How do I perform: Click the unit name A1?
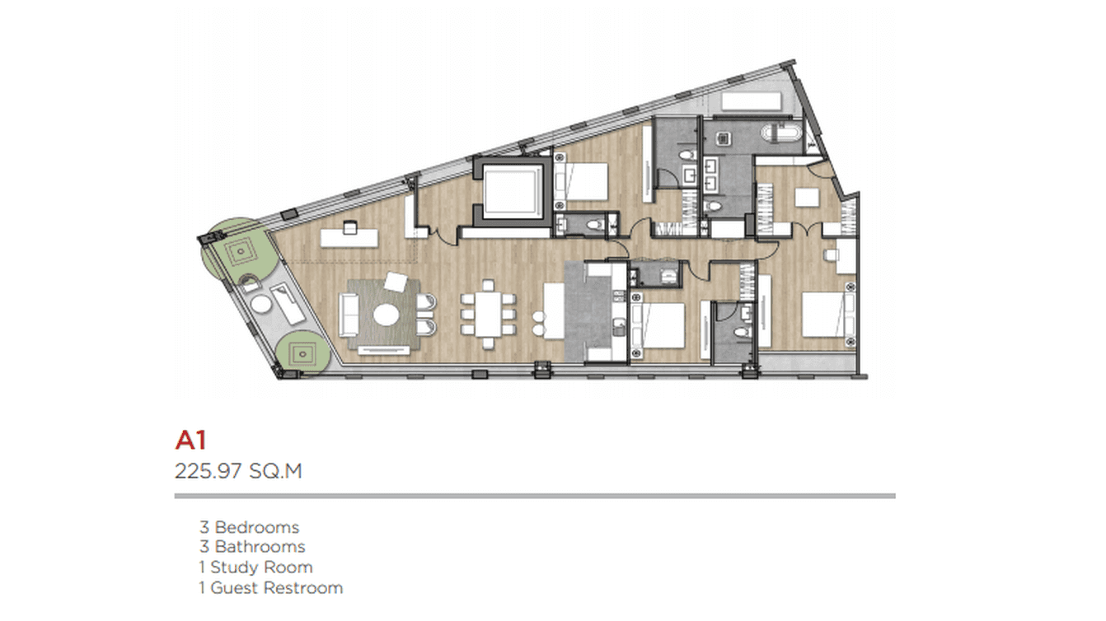pyautogui.click(x=190, y=440)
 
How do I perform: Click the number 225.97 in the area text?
pyautogui.click(x=208, y=471)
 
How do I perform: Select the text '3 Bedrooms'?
pyautogui.click(x=250, y=527)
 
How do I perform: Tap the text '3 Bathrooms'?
pyautogui.click(x=252, y=547)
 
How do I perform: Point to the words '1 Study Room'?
pyautogui.click(x=255, y=567)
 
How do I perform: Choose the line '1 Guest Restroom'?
pyautogui.click(x=270, y=588)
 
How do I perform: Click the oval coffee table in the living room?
pyautogui.click(x=387, y=315)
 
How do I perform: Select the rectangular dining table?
pyautogui.click(x=488, y=314)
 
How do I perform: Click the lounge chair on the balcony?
pyautogui.click(x=288, y=303)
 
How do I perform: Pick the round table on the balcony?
pyautogui.click(x=260, y=304)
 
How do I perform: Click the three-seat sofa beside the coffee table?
pyautogui.click(x=349, y=315)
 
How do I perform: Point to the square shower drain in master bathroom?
pyautogui.click(x=724, y=138)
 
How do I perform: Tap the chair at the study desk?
pyautogui.click(x=350, y=227)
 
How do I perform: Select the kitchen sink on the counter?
pyautogui.click(x=618, y=327)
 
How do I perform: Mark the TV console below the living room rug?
pyautogui.click(x=384, y=350)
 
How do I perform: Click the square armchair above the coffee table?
pyautogui.click(x=396, y=282)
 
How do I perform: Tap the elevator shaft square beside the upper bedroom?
pyautogui.click(x=512, y=190)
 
